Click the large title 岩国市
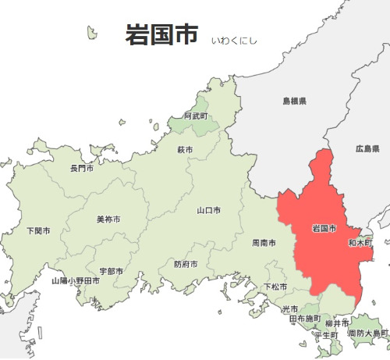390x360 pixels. click(x=161, y=35)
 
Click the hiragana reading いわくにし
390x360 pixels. click(x=234, y=39)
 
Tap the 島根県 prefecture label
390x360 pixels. click(x=294, y=102)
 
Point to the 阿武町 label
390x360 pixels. click(x=196, y=116)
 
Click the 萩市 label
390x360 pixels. click(x=185, y=149)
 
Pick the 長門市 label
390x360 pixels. click(x=82, y=168)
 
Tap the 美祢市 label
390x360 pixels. click(x=108, y=219)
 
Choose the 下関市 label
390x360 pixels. click(x=38, y=231)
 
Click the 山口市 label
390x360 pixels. click(x=208, y=210)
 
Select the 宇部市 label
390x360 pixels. click(x=111, y=271)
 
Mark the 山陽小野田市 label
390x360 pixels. click(x=76, y=280)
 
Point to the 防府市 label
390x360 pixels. click(x=186, y=264)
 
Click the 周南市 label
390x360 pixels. click(x=264, y=243)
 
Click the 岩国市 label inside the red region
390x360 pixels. click(x=324, y=229)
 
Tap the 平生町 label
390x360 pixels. click(x=325, y=335)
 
